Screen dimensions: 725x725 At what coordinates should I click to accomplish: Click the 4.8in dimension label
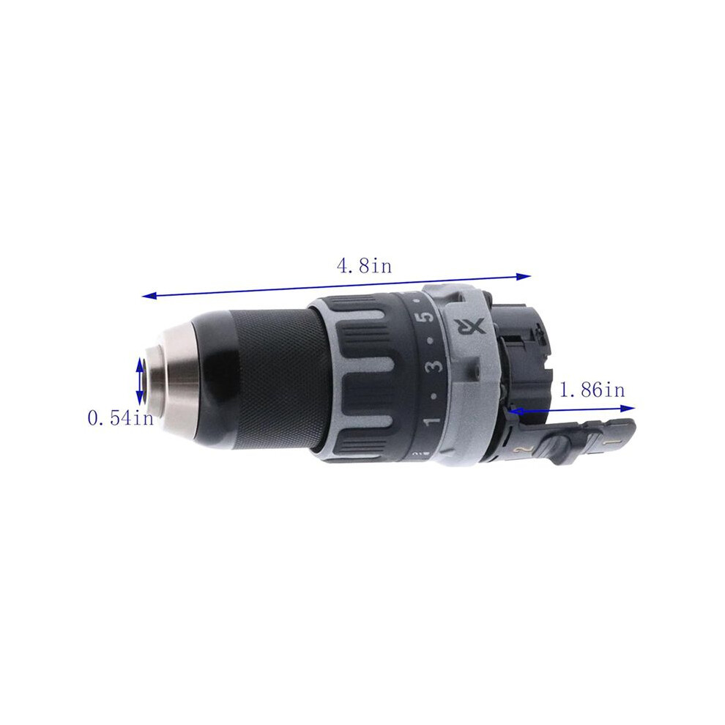365,266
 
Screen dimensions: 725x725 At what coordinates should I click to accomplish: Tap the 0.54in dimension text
121,418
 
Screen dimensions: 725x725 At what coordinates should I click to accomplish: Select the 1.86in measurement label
592,390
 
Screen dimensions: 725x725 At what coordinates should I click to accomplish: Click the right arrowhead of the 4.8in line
524,277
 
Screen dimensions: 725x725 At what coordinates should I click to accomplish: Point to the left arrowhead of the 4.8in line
149,295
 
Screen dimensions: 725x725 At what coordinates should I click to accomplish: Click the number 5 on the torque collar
428,316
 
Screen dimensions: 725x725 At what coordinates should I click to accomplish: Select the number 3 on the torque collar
435,363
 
